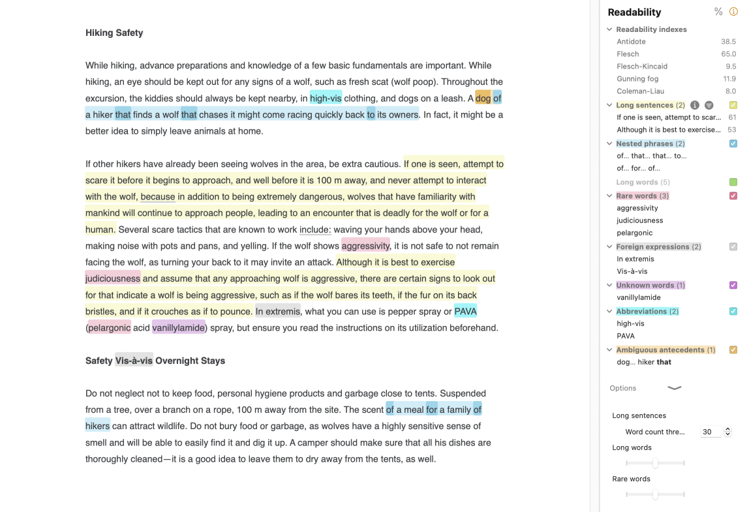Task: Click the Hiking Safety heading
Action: (114, 33)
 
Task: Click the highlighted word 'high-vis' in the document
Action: (326, 98)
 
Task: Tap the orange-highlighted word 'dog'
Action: (483, 98)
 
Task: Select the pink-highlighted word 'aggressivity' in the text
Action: (365, 246)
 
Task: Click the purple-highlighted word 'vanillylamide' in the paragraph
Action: (178, 327)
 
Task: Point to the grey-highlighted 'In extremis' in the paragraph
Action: (278, 311)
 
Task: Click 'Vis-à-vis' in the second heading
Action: (134, 360)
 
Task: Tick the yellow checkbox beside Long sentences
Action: (733, 105)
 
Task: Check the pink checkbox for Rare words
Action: (733, 196)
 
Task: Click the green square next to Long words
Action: (733, 182)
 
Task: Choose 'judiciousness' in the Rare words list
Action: (639, 220)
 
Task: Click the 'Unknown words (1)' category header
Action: (650, 285)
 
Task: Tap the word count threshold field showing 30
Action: (710, 432)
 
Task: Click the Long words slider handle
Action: (655, 463)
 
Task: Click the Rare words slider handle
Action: (655, 494)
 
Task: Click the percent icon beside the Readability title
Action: (718, 12)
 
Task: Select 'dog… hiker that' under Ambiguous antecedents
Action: (643, 362)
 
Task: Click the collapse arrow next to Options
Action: (675, 388)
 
